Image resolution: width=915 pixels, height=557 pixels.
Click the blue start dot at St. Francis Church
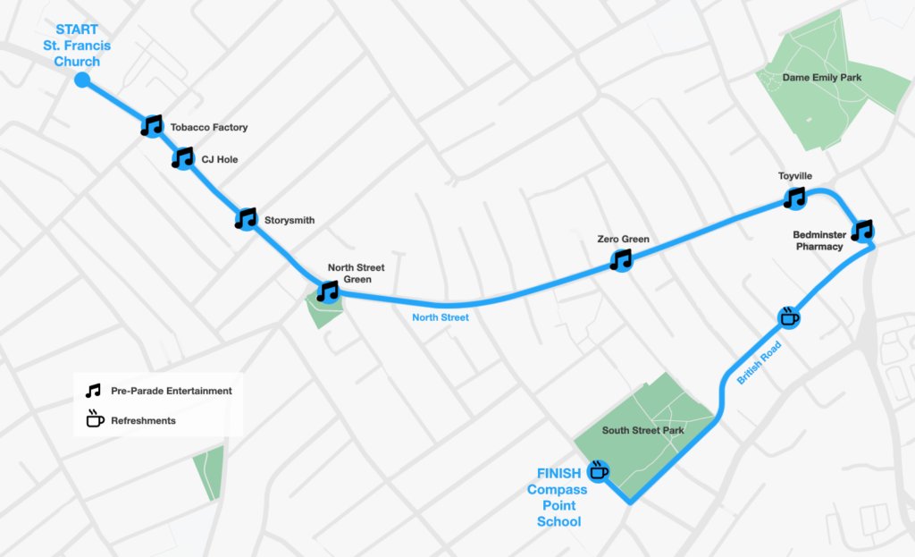coord(82,80)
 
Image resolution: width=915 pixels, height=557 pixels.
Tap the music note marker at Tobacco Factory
coord(153,125)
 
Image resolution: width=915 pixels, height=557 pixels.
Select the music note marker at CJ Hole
coord(183,159)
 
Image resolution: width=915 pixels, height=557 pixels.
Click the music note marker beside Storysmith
coord(246,218)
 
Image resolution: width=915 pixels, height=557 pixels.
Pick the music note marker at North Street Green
coord(329,291)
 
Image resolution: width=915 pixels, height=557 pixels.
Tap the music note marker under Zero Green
coord(621,259)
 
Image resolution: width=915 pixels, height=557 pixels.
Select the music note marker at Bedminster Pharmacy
coord(862,231)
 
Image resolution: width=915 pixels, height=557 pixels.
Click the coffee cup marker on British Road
coord(790,316)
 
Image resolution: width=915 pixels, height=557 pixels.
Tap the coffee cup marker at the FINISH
coord(599,470)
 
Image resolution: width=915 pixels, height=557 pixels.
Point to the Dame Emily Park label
coord(822,78)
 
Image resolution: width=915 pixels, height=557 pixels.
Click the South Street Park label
coord(643,431)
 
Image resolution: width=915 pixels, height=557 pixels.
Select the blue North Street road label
coord(441,316)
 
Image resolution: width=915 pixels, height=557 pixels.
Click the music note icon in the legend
coord(94,391)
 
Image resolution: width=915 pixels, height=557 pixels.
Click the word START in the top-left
coord(77,30)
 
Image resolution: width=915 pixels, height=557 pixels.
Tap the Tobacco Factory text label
coord(209,128)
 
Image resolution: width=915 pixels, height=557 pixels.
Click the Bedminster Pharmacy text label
coord(818,241)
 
